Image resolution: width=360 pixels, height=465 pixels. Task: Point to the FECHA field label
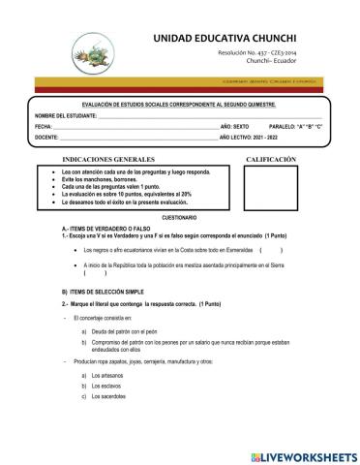(44, 127)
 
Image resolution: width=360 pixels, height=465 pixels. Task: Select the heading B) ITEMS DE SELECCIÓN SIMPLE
(104, 291)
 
